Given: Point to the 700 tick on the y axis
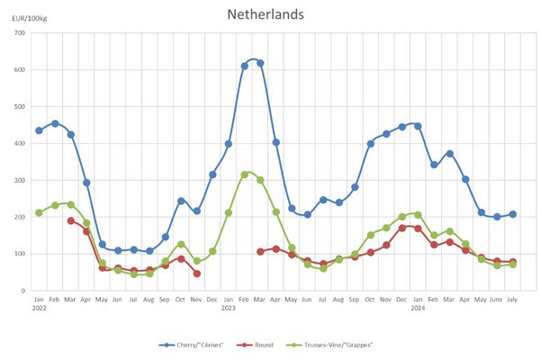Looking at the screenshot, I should (18, 32).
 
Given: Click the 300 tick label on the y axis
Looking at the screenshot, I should (18, 180).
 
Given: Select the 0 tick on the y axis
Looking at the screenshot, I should (22, 291).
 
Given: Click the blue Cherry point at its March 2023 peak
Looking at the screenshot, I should (261, 63).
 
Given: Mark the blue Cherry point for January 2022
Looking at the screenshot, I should (39, 130).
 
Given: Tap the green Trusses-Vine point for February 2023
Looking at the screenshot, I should (245, 175).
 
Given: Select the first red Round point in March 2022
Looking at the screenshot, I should (71, 220).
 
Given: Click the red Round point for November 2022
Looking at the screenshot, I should (197, 274).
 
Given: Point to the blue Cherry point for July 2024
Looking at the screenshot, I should (513, 214).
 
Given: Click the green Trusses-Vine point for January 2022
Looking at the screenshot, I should (39, 212).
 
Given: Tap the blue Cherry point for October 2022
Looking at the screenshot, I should (181, 201).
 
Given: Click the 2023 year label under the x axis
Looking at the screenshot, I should (229, 308).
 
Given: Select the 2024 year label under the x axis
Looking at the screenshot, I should (418, 308).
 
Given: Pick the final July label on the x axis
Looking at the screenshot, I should (513, 299).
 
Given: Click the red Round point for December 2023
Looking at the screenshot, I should (401, 228).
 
